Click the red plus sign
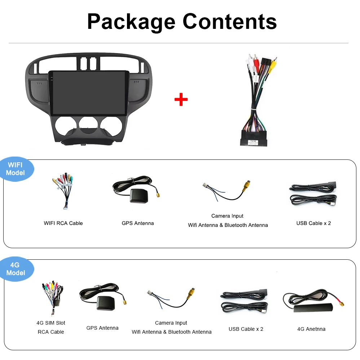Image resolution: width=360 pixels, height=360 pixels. (181, 100)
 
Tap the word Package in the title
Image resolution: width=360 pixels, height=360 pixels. (131, 22)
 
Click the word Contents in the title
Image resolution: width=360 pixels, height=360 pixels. (230, 21)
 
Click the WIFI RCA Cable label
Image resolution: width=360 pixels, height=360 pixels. (63, 223)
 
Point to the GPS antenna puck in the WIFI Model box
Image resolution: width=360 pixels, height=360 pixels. (139, 196)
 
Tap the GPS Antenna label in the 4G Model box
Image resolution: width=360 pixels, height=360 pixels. (102, 328)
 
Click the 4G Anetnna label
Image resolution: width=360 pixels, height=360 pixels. (311, 329)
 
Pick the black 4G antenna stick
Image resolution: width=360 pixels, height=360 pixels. (313, 308)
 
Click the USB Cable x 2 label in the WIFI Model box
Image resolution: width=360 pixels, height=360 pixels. (313, 223)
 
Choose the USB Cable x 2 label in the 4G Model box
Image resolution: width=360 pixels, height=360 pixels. (246, 329)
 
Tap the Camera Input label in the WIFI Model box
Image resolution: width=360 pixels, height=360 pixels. (227, 216)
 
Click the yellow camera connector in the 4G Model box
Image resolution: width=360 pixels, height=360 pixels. (191, 293)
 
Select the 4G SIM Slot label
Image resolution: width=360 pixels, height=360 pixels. (51, 323)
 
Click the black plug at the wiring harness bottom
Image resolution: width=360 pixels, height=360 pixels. (254, 138)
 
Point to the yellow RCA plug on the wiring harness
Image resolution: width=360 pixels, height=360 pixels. (273, 65)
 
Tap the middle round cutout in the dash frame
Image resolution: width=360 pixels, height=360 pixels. (88, 125)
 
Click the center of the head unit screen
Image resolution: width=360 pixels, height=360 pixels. (88, 93)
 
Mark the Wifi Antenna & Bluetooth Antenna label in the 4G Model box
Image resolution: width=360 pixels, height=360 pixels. (171, 332)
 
